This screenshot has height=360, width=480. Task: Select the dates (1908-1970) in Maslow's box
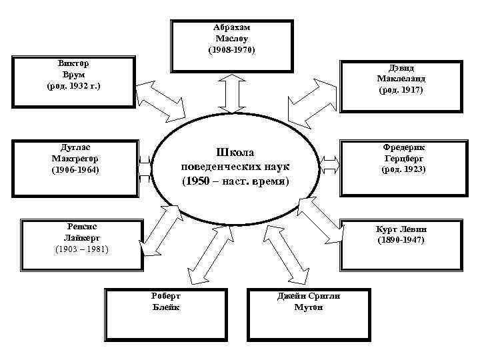pyautogui.click(x=231, y=50)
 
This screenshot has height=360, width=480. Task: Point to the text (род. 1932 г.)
pyautogui.click(x=74, y=87)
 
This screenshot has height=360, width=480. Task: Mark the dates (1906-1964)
pyautogui.click(x=75, y=169)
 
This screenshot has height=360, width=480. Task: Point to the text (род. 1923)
pyautogui.click(x=403, y=169)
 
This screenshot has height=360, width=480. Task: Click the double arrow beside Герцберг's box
pyautogui.click(x=329, y=163)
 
